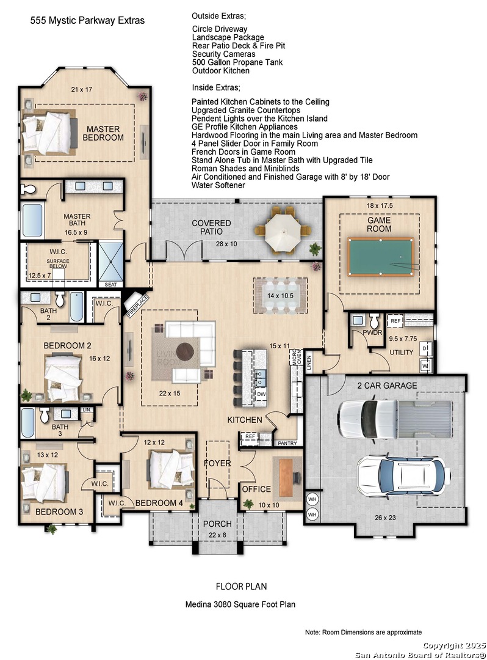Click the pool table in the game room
(x=381, y=256)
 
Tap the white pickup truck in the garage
(x=395, y=419)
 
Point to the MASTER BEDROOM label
(x=103, y=133)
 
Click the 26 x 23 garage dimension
(x=385, y=518)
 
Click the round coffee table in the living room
(x=185, y=352)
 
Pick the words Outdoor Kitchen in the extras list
(x=220, y=71)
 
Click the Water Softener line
(x=218, y=185)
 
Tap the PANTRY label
(x=287, y=443)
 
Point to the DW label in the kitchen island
(x=261, y=394)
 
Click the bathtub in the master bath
(x=32, y=221)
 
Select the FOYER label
(x=217, y=463)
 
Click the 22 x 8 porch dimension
(x=217, y=535)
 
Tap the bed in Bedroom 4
(x=169, y=469)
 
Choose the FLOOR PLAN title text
(x=241, y=586)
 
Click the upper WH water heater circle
(x=312, y=500)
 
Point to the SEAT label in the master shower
(x=111, y=285)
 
